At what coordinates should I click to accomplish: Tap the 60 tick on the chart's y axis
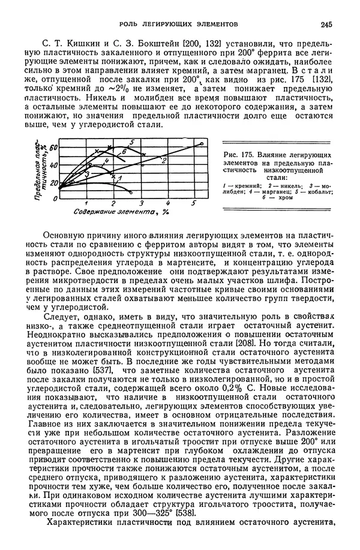53,148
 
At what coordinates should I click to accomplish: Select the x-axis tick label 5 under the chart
194,203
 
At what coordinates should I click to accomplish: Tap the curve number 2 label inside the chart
164,160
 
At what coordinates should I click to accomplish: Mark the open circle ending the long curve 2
202,144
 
